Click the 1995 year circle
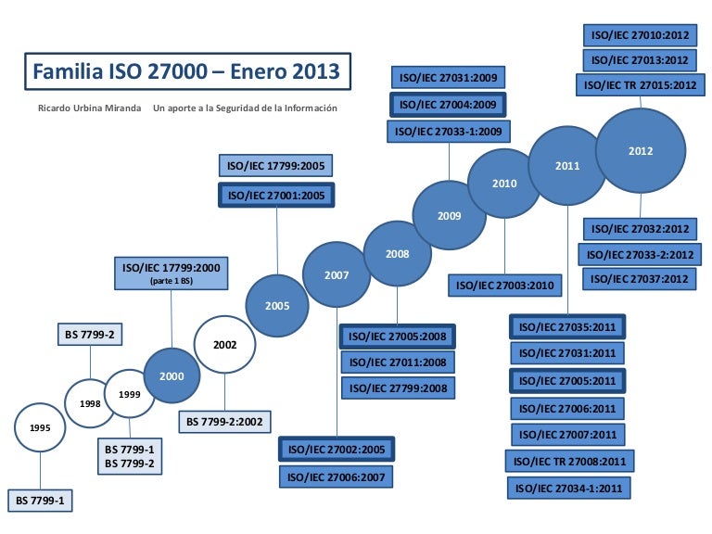click(x=40, y=428)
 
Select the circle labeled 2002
click(x=225, y=345)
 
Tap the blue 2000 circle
click(x=172, y=375)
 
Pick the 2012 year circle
click(x=641, y=150)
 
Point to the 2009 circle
click(x=450, y=215)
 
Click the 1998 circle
click(x=90, y=403)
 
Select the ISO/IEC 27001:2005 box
click(x=276, y=196)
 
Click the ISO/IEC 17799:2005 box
click(x=276, y=167)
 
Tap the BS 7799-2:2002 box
click(x=225, y=421)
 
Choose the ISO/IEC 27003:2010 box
click(x=505, y=286)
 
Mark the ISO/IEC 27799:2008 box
click(x=399, y=388)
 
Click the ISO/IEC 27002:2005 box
click(x=337, y=449)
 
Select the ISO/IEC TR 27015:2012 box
click(x=640, y=85)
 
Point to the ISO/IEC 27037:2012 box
click(x=640, y=278)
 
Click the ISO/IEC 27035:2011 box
click(x=567, y=326)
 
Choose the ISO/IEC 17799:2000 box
click(x=172, y=272)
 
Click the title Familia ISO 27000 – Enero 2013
click(x=186, y=71)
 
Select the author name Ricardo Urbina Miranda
click(x=89, y=108)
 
